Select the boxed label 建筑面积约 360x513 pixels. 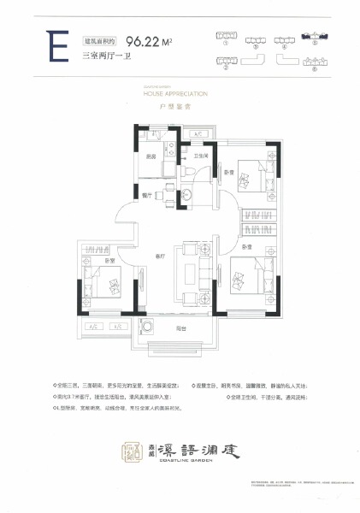tap(98, 39)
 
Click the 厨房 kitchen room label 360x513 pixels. tap(150, 156)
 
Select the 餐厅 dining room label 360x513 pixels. tap(147, 195)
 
